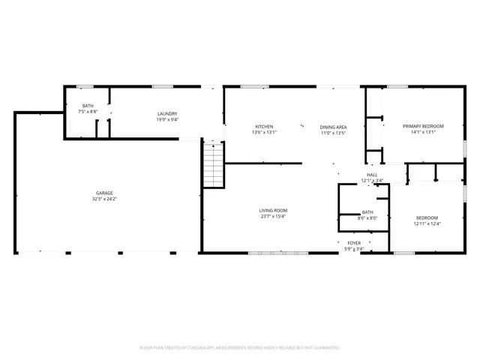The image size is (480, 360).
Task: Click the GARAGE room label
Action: coord(104,193)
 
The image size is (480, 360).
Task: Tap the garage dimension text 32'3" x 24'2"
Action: coord(104,199)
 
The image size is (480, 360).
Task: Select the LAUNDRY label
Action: coord(166,113)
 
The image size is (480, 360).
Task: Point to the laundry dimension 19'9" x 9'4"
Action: coord(166,119)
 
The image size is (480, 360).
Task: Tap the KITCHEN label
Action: coord(264,126)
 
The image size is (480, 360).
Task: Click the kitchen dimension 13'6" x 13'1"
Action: coord(264,132)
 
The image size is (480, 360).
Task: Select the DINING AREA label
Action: coord(333,127)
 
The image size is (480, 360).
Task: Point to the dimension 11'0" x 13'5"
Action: coord(333,133)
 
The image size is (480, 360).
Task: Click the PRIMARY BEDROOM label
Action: coord(423,126)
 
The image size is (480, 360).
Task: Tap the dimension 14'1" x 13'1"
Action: coord(423,132)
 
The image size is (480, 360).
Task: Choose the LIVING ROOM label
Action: coord(274,210)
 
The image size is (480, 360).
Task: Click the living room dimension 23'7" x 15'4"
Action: coord(274,216)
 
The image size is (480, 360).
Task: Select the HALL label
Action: coord(372,174)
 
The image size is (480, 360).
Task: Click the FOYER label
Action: coord(353,242)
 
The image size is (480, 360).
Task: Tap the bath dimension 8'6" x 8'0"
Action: coord(367,218)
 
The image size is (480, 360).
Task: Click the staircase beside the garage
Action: coord(213,165)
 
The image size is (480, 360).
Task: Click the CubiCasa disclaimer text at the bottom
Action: coord(240,347)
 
